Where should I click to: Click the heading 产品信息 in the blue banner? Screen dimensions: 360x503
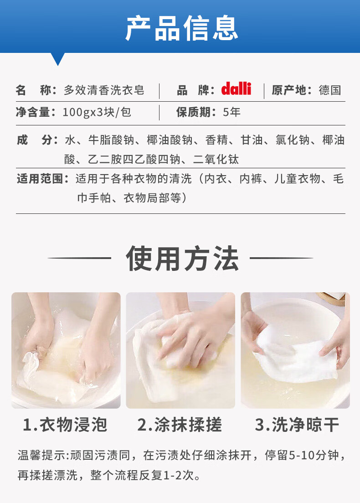point(182,28)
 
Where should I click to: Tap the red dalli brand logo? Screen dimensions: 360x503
point(236,88)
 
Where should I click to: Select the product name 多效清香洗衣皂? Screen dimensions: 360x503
point(104,90)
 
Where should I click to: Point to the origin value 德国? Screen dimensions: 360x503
point(330,90)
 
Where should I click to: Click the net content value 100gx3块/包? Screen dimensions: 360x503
point(97,112)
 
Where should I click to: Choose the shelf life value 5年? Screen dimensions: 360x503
point(232,112)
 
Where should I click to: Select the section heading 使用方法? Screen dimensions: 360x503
point(182,259)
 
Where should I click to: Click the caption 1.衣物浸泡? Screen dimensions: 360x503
point(65,425)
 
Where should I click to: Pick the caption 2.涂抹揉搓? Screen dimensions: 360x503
point(180,425)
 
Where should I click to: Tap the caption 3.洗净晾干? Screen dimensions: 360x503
point(297,425)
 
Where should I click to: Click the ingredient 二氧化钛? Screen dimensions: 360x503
point(216,160)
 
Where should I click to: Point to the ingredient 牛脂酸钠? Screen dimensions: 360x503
point(111,140)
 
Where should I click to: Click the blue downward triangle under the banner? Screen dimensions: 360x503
point(58,59)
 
